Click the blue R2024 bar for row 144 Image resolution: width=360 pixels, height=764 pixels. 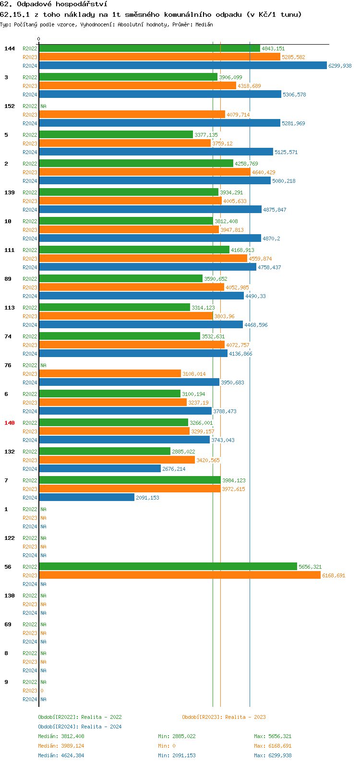pos(183,66)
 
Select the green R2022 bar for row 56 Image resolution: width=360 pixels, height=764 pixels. pos(168,567)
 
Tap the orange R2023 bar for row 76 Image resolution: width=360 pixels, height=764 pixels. pos(110,374)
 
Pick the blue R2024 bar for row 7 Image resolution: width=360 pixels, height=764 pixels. pos(87,498)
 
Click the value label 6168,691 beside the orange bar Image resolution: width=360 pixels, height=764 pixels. pos(334,575)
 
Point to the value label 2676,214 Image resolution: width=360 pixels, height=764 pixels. pos(174,469)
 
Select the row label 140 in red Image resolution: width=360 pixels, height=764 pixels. pos(10,423)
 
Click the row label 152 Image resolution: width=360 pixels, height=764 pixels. pos(10,106)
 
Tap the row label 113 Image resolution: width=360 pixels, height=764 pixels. pos(10,308)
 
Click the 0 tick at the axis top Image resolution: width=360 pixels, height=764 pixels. pos(39,39)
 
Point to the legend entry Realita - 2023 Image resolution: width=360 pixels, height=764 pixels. pos(245,717)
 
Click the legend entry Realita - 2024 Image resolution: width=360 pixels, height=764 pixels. pos(101,727)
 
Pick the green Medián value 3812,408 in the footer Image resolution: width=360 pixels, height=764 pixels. pos(72,736)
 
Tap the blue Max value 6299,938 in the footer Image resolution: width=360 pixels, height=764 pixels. pos(280,755)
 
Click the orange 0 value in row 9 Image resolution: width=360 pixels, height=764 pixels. pos(42,691)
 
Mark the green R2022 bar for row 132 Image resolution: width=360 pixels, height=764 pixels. pos(105,452)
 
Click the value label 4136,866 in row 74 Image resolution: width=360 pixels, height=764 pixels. pos(240,354)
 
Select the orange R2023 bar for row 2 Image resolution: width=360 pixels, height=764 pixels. pos(144,172)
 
